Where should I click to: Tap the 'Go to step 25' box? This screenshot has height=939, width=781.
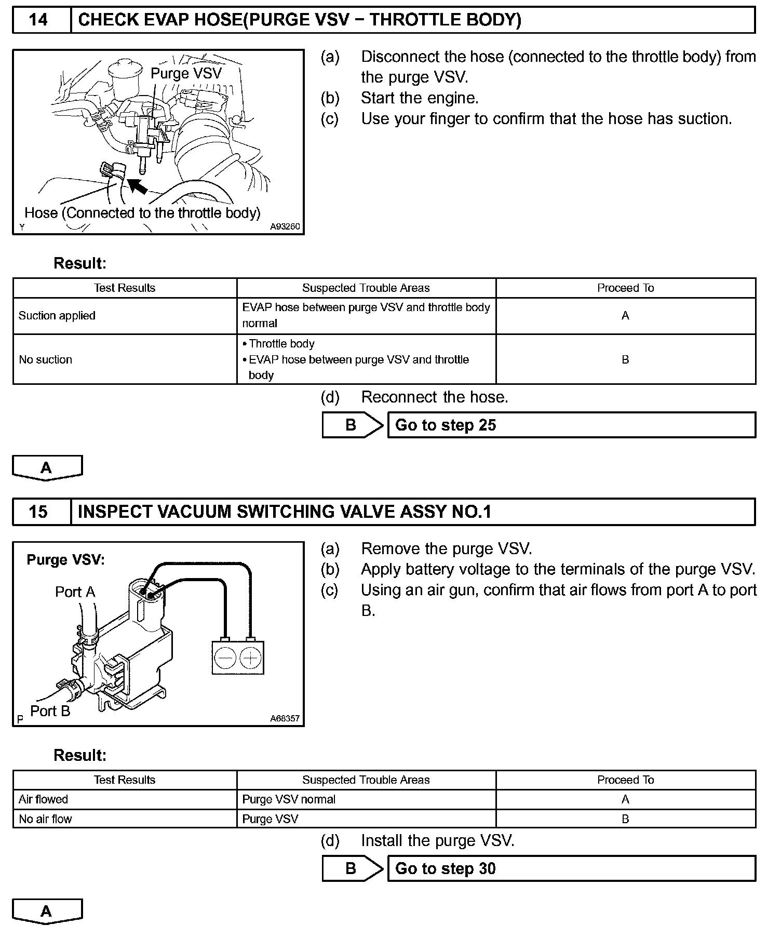click(x=571, y=425)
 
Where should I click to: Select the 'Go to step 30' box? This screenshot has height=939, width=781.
click(x=571, y=869)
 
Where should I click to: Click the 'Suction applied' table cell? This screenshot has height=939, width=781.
click(x=125, y=316)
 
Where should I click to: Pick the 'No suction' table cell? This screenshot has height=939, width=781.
click(x=125, y=359)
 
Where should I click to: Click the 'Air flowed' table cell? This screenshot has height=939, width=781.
click(x=125, y=799)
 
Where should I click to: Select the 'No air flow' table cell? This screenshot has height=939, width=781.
click(x=125, y=819)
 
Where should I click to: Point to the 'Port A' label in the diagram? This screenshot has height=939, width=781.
click(x=75, y=592)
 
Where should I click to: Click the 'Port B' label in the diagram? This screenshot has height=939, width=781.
click(x=50, y=711)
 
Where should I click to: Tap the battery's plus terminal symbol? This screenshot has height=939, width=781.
click(x=250, y=659)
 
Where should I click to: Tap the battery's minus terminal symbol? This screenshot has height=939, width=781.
click(x=225, y=659)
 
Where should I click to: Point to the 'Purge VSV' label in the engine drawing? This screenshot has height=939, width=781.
click(x=186, y=73)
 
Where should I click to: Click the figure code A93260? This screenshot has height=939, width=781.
click(x=285, y=227)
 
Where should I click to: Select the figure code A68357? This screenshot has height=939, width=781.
click(x=285, y=719)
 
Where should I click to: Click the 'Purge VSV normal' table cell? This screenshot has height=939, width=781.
click(x=366, y=799)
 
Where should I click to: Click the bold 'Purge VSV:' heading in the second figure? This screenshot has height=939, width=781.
click(x=65, y=560)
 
